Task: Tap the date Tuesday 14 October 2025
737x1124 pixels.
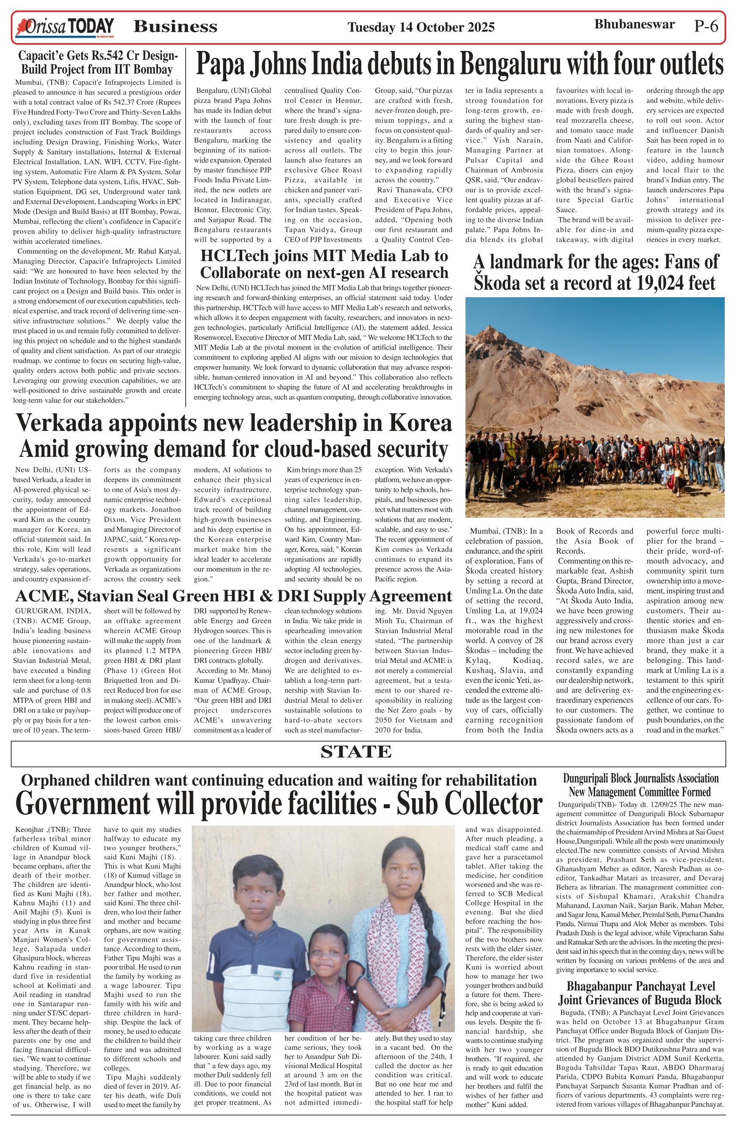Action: pos(421,28)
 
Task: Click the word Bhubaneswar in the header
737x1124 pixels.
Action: pos(634,25)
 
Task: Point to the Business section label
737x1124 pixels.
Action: pos(175,27)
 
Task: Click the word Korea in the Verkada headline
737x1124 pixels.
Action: pos(420,423)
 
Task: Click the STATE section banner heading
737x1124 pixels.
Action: pos(356,751)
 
